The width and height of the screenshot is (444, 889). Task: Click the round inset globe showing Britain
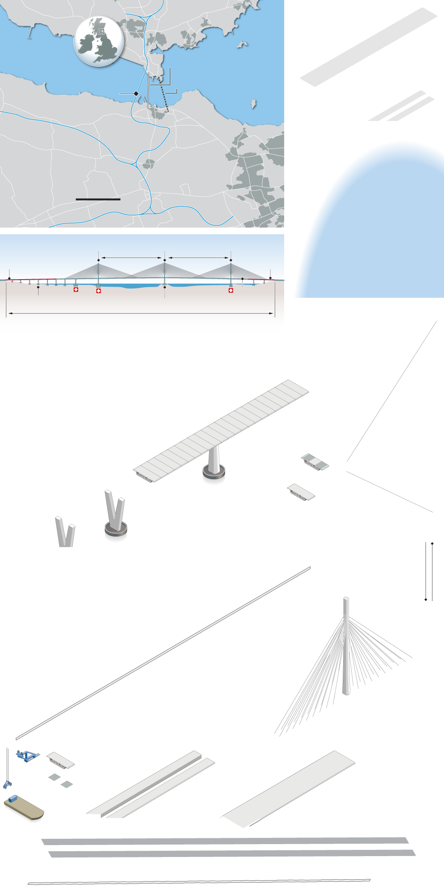click(99, 42)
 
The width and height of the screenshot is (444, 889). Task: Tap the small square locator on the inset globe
click(101, 32)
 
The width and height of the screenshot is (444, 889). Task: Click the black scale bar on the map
click(98, 199)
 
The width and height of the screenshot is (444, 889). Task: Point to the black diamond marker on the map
click(136, 93)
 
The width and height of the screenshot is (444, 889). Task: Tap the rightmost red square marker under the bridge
click(231, 290)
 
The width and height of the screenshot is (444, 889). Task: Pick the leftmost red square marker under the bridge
click(76, 289)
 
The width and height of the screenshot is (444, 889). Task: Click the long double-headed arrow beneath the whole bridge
click(140, 313)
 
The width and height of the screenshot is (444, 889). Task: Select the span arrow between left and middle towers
click(131, 258)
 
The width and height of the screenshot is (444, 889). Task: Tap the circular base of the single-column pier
click(214, 472)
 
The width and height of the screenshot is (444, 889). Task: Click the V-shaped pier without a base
click(65, 532)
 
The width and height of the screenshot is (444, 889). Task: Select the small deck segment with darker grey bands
click(315, 461)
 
